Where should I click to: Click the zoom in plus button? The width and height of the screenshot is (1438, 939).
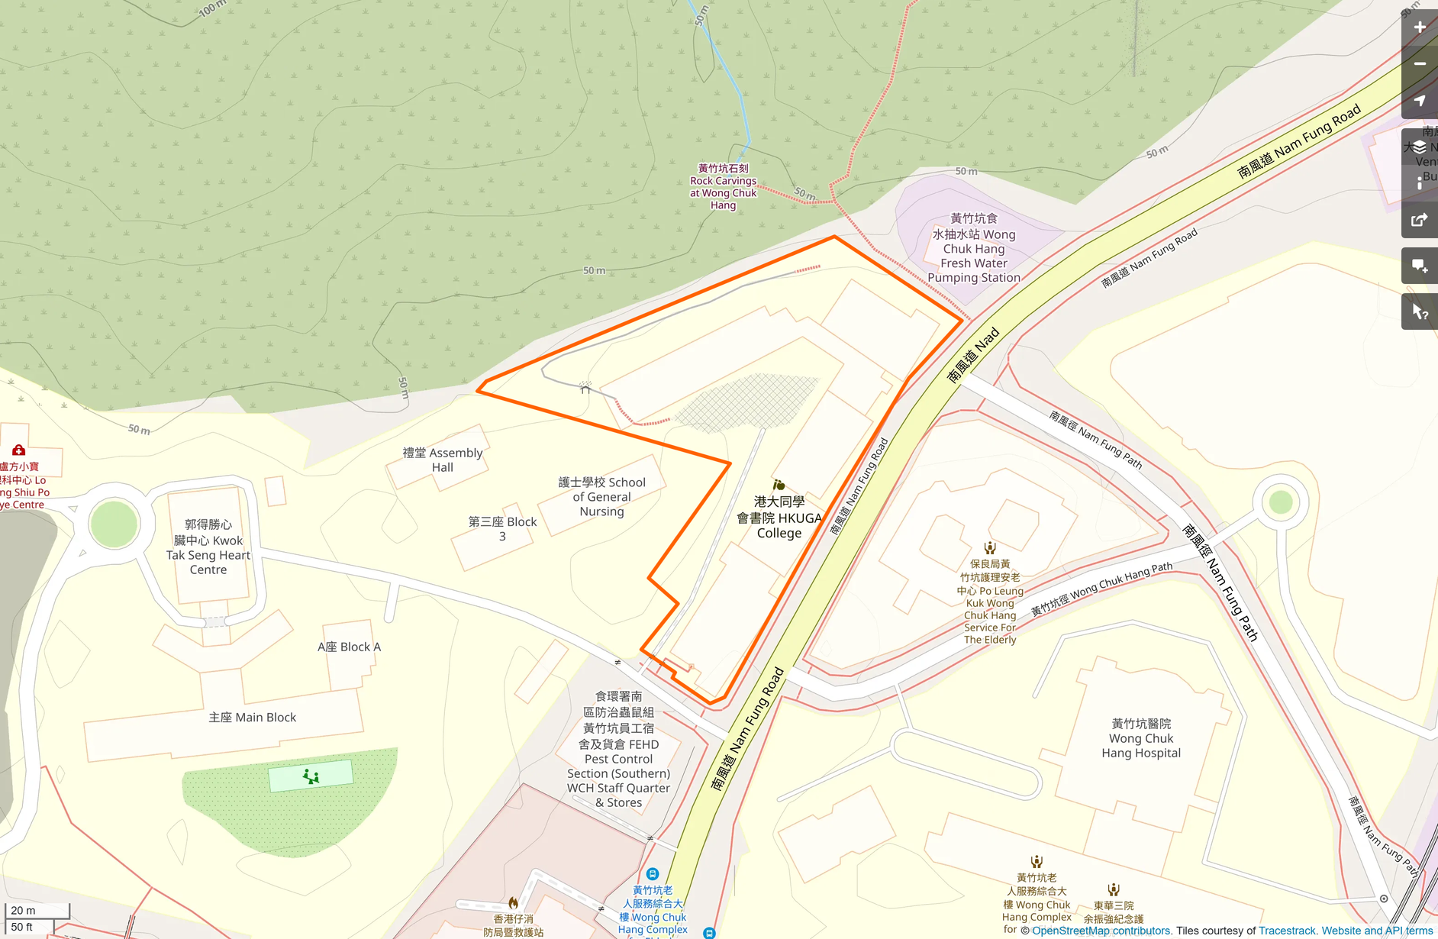(x=1420, y=27)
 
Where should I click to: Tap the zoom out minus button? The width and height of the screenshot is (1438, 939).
(x=1420, y=64)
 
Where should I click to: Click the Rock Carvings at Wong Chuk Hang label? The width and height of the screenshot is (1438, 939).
(x=723, y=187)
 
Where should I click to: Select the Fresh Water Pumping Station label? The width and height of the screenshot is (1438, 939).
(x=973, y=249)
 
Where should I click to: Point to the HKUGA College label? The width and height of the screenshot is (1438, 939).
(x=779, y=518)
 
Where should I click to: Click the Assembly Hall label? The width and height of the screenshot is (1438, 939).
(x=443, y=460)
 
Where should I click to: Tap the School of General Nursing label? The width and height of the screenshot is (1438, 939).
(x=601, y=497)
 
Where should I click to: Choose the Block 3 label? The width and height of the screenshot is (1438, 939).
(x=502, y=528)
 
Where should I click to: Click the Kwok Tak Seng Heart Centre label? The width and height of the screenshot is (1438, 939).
(x=208, y=547)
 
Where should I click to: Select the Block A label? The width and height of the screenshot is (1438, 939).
(x=349, y=647)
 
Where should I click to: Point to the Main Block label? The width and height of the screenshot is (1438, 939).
(x=252, y=718)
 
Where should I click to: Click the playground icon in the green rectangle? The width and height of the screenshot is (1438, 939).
(x=311, y=776)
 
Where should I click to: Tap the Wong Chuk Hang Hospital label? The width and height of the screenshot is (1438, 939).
(x=1141, y=738)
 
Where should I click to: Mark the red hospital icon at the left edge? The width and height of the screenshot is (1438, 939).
(x=19, y=450)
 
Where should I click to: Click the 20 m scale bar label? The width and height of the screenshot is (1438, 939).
(x=23, y=910)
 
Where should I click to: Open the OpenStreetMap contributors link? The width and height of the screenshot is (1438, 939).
(x=1101, y=931)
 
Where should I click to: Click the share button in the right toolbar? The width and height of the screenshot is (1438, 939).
(x=1420, y=221)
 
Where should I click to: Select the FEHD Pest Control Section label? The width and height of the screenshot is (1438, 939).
(x=618, y=750)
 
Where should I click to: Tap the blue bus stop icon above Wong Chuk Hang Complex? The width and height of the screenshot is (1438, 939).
(x=652, y=873)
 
